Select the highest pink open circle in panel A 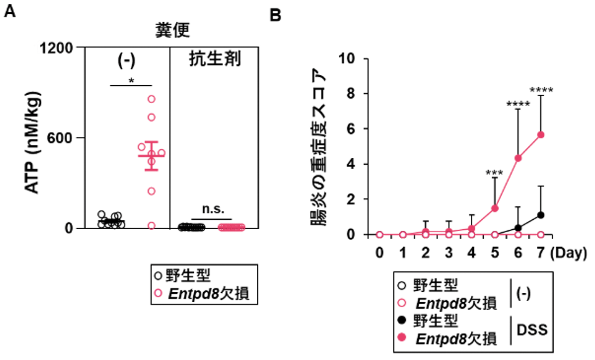(x=151, y=99)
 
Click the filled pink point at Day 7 (x=541, y=135)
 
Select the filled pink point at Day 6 (x=518, y=158)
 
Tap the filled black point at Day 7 (x=541, y=215)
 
